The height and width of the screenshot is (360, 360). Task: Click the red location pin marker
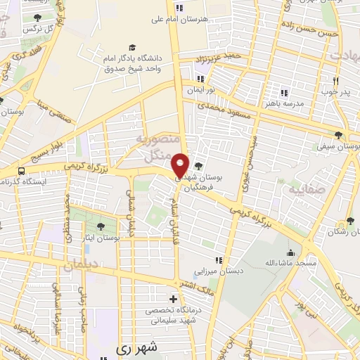180,165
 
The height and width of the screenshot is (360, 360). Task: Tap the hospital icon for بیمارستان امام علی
179,8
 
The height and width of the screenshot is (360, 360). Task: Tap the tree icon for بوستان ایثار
101,226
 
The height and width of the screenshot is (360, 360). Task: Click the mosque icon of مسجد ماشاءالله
290,252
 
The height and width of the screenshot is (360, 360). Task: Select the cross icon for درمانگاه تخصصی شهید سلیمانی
173,299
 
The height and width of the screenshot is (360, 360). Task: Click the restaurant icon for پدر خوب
335,81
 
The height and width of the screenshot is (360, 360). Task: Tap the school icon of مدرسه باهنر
284,92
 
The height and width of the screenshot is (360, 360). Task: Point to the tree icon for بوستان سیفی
340,135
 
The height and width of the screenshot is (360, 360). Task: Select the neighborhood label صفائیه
301,190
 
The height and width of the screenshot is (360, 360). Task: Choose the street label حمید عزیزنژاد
221,56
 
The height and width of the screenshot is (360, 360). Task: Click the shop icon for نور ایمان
201,79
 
